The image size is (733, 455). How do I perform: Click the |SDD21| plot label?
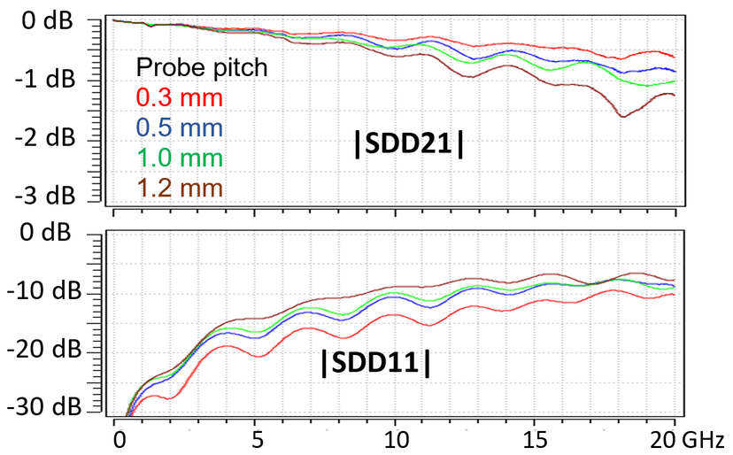tap(409, 146)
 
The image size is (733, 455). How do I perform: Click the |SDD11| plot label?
tap(375, 363)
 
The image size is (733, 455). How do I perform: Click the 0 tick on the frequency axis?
tap(115, 438)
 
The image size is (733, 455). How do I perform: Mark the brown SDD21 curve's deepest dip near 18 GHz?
tap(623, 116)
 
